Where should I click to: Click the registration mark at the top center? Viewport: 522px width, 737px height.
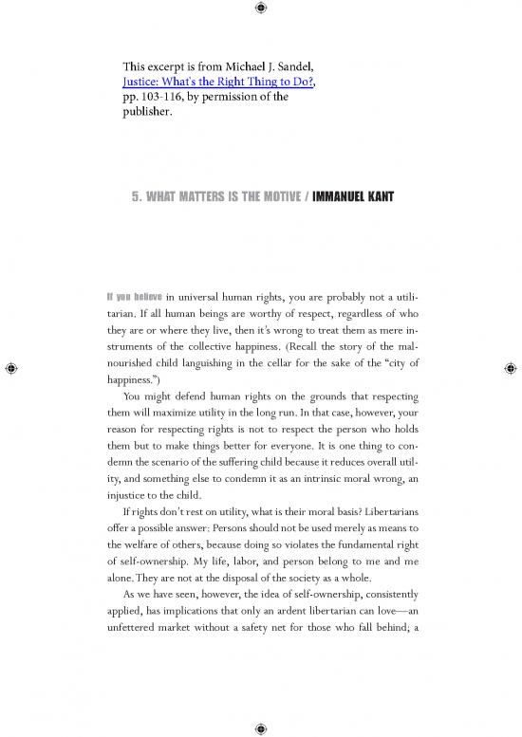pyautogui.click(x=261, y=9)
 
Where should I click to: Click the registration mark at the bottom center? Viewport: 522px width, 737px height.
pyautogui.click(x=261, y=728)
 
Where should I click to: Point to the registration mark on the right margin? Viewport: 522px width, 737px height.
pyautogui.click(x=511, y=368)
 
